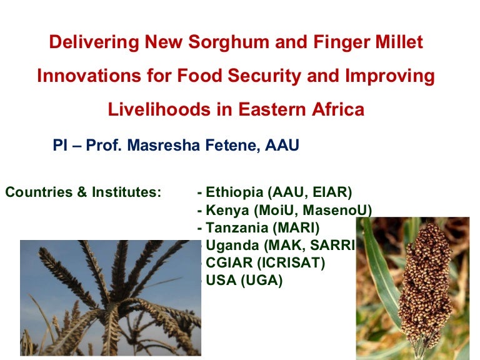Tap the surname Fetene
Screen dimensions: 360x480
[x=232, y=146]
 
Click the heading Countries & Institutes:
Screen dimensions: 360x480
[x=83, y=192]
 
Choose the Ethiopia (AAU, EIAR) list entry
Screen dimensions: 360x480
[x=275, y=192]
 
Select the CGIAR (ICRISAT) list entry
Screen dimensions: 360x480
[x=262, y=263]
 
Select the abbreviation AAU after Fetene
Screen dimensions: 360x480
[x=282, y=146]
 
